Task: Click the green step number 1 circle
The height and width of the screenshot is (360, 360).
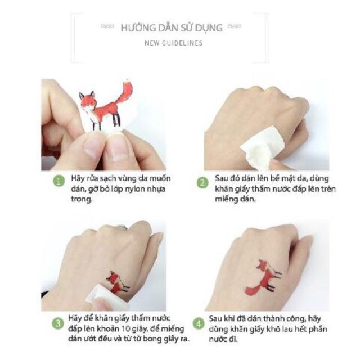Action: pyautogui.click(x=57, y=181)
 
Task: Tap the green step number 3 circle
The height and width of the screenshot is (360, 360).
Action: pyautogui.click(x=57, y=323)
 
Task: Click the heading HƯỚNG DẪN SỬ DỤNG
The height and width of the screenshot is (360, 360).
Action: pyautogui.click(x=172, y=27)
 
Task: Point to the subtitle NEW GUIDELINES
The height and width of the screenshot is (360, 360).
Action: pyautogui.click(x=173, y=43)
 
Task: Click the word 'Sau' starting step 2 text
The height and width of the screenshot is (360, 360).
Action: pyautogui.click(x=223, y=178)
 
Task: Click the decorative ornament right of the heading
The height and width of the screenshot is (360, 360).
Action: pyautogui.click(x=235, y=26)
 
